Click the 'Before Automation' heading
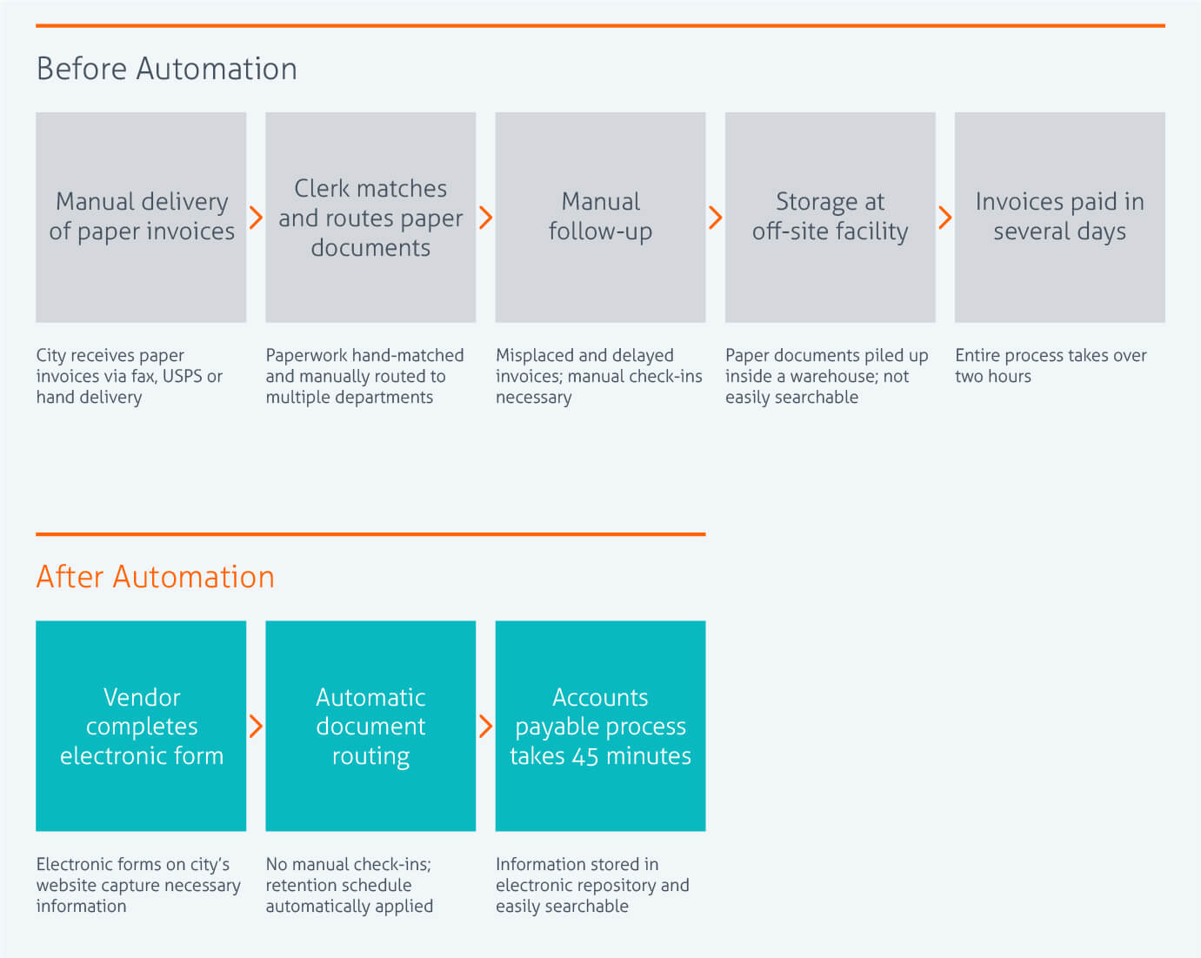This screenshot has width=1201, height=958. pos(166,69)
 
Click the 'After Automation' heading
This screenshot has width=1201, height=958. pos(155,577)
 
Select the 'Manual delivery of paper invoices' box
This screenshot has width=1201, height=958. pos(141,217)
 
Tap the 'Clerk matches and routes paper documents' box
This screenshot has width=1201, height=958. pos(370,217)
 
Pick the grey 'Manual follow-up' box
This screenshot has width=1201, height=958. pos(600,217)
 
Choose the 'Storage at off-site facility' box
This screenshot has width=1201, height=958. pos(830,217)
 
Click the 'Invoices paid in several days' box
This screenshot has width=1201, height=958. pos(1059,217)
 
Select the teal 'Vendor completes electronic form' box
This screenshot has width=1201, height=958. pos(141,726)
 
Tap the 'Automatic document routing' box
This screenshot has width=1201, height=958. pos(370,726)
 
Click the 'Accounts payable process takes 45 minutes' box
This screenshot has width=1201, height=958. pos(600,726)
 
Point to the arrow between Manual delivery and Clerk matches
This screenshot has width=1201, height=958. pos(256,218)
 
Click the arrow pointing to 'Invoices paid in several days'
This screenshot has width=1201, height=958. pos(945,218)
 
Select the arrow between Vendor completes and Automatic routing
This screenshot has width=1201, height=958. pos(256,726)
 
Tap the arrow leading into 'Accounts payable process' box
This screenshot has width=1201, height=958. pos(485,726)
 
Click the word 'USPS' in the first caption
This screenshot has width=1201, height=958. pos(182,376)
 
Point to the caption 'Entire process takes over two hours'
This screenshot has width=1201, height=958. pos(1050,365)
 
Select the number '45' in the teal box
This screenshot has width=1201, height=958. pos(584,756)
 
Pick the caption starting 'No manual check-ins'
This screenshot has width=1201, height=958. pos(349,885)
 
